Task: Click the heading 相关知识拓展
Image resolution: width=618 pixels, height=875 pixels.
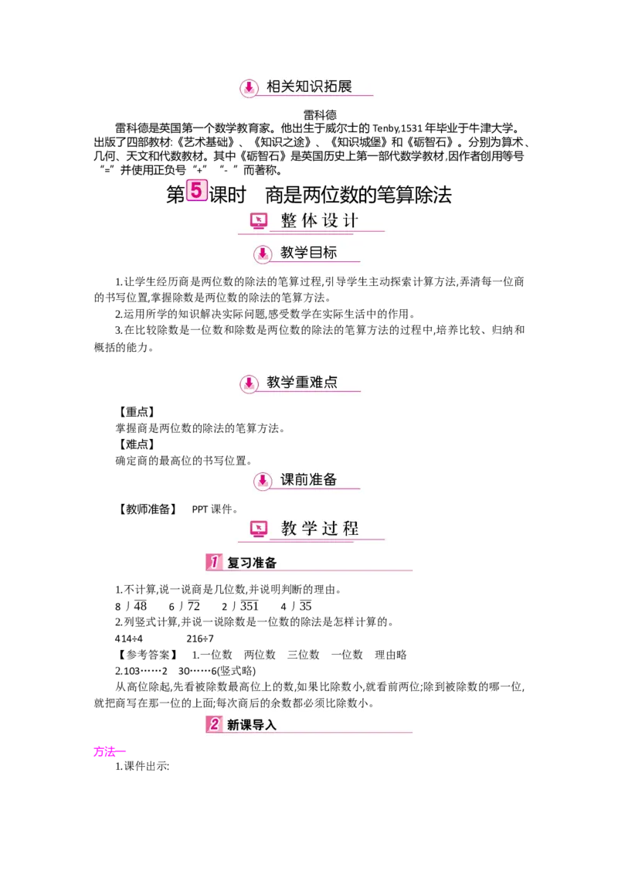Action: point(309,87)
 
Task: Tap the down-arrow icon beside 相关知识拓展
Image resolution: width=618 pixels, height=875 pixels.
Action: point(249,88)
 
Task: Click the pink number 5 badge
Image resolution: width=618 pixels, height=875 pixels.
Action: point(197,189)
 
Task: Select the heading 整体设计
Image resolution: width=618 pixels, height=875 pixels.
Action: point(320,221)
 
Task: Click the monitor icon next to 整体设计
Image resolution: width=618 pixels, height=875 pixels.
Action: point(259,221)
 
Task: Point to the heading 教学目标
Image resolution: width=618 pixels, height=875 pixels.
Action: point(308,253)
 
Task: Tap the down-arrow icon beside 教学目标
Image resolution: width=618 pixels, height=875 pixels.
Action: point(263,254)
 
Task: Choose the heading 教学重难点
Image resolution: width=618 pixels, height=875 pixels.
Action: point(302,382)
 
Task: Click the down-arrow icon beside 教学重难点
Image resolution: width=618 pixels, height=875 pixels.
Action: point(249,383)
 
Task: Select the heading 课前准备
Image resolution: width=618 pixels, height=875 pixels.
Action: point(308,479)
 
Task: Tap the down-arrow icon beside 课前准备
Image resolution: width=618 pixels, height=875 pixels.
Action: point(263,480)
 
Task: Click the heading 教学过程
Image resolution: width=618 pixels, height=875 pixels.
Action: point(320,529)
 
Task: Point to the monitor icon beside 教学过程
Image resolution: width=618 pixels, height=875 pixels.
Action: point(259,529)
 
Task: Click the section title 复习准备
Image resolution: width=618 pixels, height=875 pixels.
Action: point(252,563)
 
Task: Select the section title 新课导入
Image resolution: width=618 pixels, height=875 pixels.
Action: point(252,725)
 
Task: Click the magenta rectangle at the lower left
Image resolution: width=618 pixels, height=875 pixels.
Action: point(105,751)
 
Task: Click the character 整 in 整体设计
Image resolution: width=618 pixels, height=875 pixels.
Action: point(289,221)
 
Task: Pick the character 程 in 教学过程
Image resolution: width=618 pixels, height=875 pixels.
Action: point(351,529)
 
